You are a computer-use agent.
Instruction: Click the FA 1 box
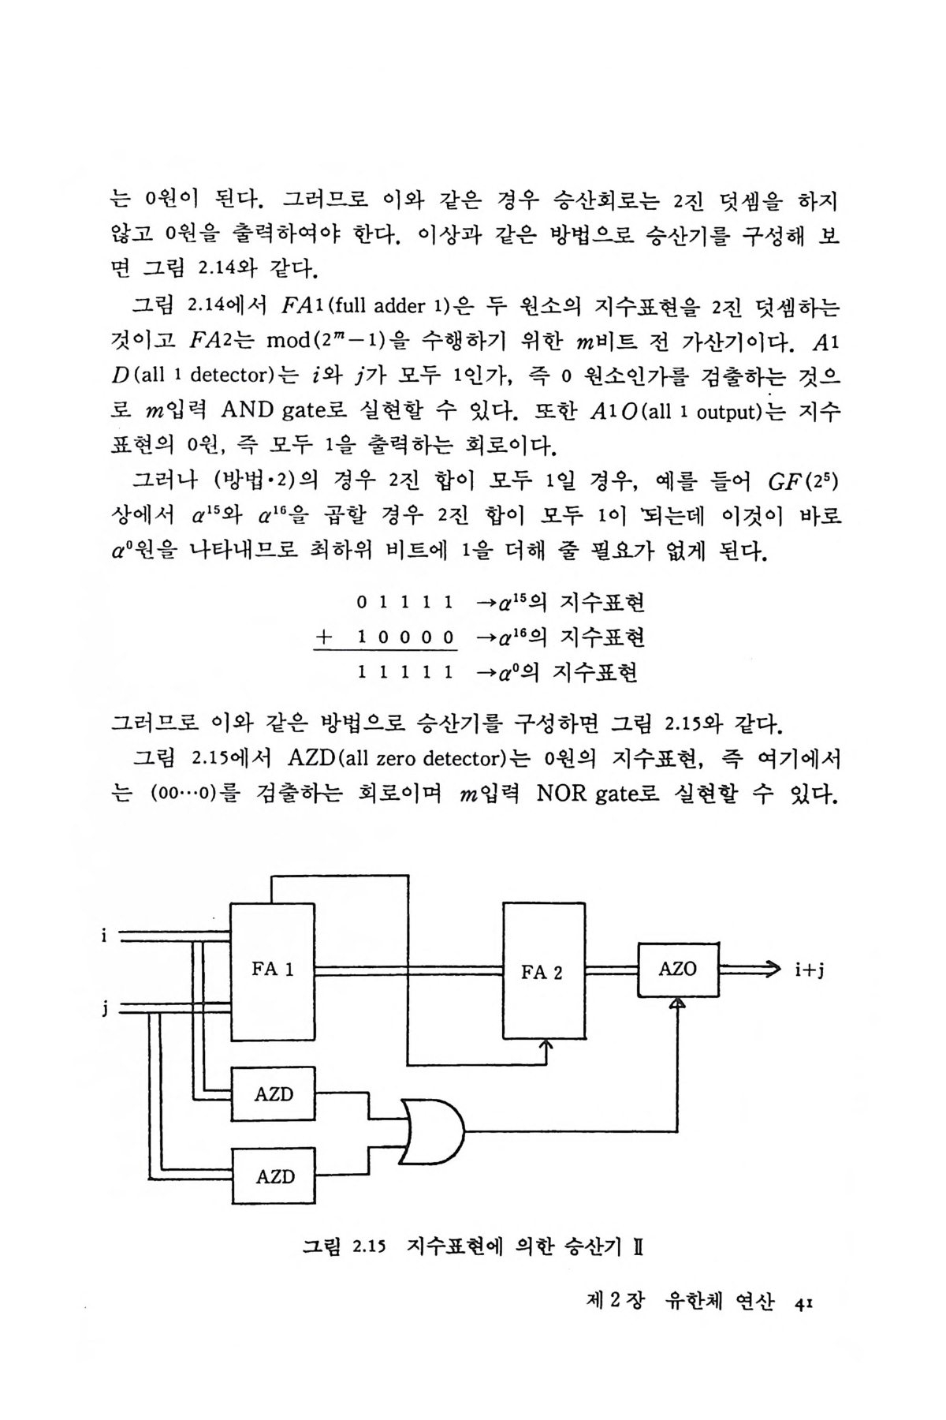[272, 970]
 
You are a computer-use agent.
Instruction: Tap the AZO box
[678, 970]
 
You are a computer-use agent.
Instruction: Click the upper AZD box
[273, 1094]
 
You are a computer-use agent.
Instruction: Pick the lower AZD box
[273, 1176]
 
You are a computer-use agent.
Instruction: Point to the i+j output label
[810, 970]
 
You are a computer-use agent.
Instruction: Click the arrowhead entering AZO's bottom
[677, 1003]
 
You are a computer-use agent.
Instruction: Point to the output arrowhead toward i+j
[769, 969]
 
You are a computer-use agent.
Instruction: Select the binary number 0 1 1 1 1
[404, 603]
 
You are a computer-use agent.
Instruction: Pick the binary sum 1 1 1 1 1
[404, 672]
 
